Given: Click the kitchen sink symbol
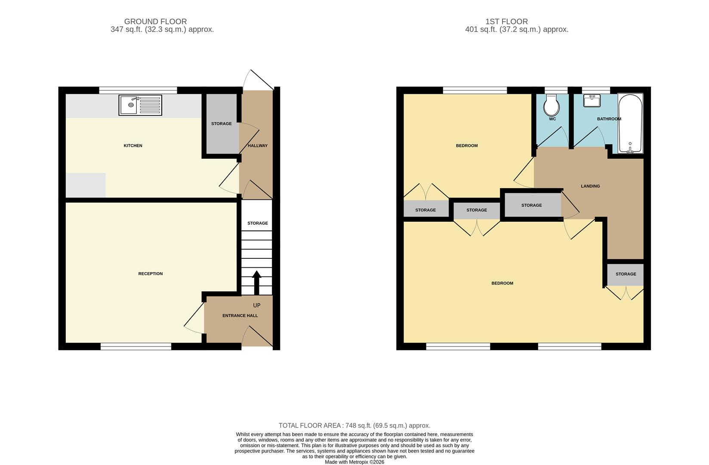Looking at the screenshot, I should click(140, 105).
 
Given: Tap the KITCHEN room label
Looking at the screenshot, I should click(133, 146).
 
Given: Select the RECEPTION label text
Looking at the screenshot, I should click(151, 274).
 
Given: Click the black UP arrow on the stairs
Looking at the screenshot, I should click(256, 282).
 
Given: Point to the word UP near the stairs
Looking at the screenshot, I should click(256, 305).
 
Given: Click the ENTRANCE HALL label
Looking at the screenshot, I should click(240, 316).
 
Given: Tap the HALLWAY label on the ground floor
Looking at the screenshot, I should click(258, 146).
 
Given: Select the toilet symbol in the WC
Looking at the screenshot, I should click(552, 105).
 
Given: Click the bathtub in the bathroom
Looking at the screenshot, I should click(630, 124).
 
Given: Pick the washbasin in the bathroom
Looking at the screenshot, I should click(592, 101).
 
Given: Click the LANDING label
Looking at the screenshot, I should click(590, 186).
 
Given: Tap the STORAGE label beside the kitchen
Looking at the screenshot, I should click(221, 124).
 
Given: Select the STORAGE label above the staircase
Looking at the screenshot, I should click(257, 223).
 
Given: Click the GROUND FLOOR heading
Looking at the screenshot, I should click(155, 21).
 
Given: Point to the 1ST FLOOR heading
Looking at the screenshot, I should click(506, 21).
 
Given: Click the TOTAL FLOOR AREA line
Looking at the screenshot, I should click(354, 425).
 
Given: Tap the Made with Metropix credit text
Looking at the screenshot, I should click(354, 462).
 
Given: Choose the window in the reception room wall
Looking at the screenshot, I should click(136, 346).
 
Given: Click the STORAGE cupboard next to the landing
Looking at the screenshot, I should click(532, 205).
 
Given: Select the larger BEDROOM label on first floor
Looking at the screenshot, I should click(502, 283).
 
